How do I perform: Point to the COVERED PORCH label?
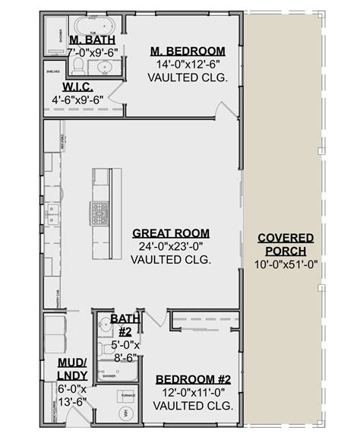(285, 245)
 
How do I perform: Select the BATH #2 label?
(123, 325)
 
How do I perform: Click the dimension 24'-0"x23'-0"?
(171, 246)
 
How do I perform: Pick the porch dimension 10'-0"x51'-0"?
(286, 264)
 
